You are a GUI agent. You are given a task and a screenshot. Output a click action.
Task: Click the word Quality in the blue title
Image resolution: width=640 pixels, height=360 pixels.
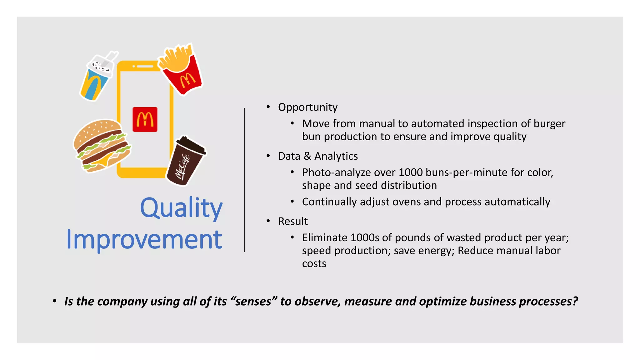[x=181, y=208]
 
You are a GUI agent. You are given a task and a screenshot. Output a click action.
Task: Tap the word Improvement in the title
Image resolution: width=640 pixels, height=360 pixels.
[x=144, y=239]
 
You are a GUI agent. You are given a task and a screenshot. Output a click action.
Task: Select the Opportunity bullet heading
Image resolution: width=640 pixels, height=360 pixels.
[x=307, y=107]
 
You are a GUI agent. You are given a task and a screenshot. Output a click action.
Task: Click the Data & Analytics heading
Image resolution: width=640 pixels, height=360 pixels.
[x=318, y=156]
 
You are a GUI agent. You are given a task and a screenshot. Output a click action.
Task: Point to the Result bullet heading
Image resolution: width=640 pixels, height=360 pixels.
[x=293, y=221]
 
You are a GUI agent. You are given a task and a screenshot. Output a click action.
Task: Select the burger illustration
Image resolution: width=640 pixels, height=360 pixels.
[x=101, y=146]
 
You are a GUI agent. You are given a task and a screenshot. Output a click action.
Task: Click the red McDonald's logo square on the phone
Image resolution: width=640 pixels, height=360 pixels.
[x=145, y=119]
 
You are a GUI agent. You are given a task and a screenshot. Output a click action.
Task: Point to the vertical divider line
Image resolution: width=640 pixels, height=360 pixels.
[x=244, y=180]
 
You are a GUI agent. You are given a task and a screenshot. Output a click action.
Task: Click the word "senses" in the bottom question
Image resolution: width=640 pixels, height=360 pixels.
[x=253, y=302]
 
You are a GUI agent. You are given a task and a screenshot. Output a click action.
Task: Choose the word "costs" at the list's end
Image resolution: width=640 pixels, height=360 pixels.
[x=314, y=264]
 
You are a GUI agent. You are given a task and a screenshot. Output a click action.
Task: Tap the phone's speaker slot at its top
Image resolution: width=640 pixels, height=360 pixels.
[x=145, y=66]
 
